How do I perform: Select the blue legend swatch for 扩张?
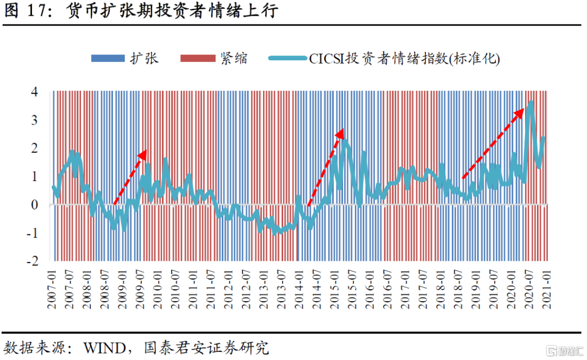(x=108, y=58)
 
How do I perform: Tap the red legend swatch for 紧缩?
(x=197, y=58)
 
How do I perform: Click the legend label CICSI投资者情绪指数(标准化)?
(x=404, y=59)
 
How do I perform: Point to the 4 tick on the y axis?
(x=34, y=92)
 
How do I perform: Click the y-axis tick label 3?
(x=34, y=120)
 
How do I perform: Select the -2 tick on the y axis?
(x=32, y=261)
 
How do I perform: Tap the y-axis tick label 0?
(x=34, y=205)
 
